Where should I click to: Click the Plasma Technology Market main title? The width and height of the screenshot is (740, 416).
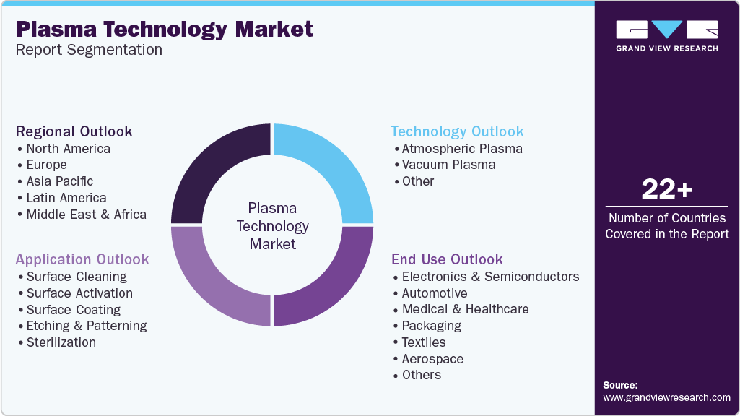(165, 30)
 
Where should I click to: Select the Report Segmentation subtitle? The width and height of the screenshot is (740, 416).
(89, 50)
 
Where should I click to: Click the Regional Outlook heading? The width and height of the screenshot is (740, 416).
(74, 131)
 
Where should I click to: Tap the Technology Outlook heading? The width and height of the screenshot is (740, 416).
(457, 131)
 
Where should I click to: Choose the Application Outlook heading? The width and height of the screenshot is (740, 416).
(82, 259)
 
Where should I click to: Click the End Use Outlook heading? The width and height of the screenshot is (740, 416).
(447, 259)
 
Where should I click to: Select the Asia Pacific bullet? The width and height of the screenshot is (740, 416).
(59, 181)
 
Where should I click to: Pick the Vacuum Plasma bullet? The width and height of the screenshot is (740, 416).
(448, 165)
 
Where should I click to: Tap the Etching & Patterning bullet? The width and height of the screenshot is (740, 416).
(86, 326)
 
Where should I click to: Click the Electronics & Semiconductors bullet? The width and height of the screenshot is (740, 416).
(490, 277)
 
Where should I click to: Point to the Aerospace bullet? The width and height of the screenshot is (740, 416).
(432, 359)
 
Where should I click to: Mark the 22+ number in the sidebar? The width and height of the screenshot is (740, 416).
(666, 190)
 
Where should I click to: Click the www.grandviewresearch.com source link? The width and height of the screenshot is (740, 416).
(666, 397)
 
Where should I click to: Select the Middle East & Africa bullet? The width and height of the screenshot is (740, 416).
(86, 214)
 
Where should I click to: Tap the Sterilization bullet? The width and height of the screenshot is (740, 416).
(61, 342)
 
